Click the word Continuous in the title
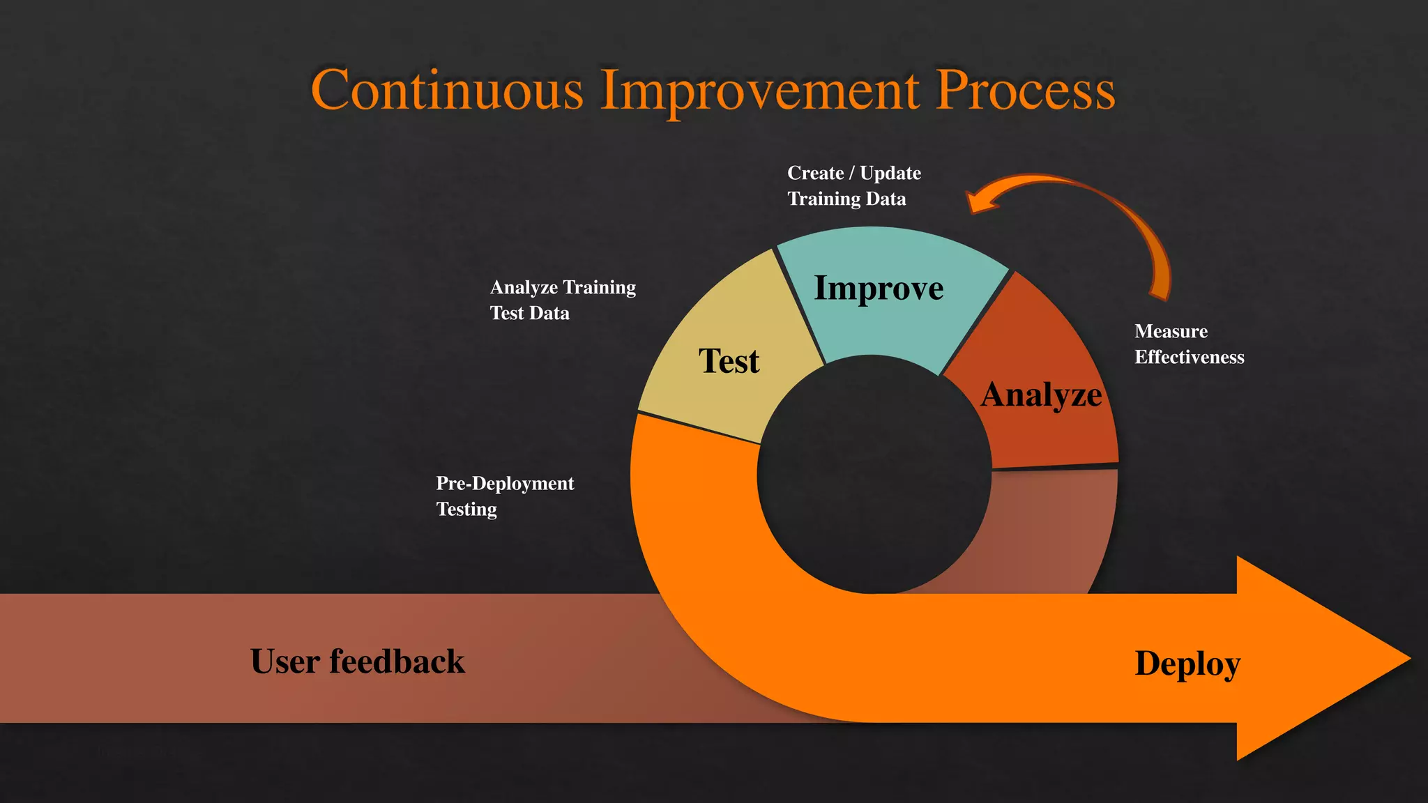[447, 90]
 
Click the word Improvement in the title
[760, 90]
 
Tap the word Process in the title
[1025, 90]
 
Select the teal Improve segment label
[879, 288]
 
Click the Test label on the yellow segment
[729, 361]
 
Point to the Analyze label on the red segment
[1041, 395]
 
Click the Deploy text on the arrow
[1187, 663]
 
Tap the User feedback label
[357, 661]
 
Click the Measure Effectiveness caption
[1189, 344]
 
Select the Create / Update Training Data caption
[853, 185]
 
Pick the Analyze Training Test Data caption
[562, 300]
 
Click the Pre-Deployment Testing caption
[504, 496]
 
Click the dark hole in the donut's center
[874, 474]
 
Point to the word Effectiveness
[1189, 357]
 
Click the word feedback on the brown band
[397, 661]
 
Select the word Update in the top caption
[890, 173]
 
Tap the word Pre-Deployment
[504, 483]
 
